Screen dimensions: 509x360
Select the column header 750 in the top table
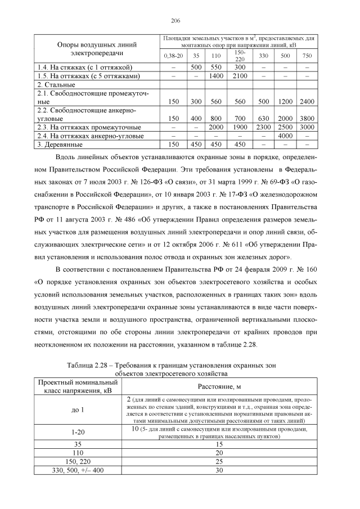click(307, 56)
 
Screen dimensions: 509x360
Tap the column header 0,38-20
click(173, 56)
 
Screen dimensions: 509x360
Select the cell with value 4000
click(286, 136)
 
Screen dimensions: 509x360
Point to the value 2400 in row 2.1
click(307, 102)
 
